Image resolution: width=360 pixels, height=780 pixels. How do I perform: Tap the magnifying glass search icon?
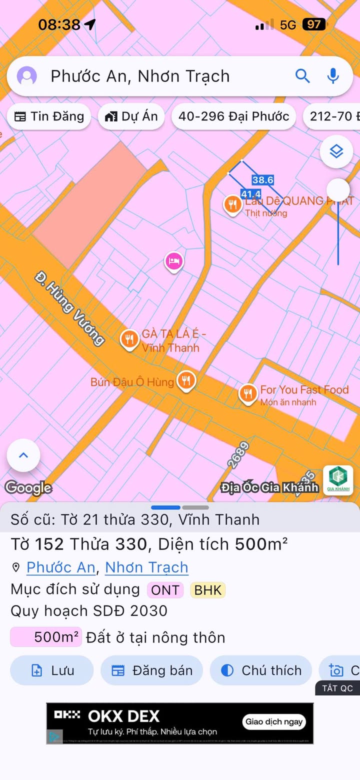point(302,76)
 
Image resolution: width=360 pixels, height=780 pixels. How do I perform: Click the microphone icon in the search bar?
point(333,76)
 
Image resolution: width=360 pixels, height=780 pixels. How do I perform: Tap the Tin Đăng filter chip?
point(49,116)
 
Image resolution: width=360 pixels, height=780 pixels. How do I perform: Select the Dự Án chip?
point(131,116)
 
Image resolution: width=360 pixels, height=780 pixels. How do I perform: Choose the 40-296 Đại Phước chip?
point(233,116)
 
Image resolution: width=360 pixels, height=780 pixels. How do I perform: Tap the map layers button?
point(336,151)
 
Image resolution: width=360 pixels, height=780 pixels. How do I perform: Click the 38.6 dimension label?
point(262,180)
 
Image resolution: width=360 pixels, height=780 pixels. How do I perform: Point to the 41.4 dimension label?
point(250,194)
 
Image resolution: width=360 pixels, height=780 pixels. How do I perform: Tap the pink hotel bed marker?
point(173,261)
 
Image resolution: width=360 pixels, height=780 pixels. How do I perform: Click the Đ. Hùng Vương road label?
point(70,308)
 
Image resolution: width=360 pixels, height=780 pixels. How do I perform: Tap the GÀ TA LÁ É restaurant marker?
point(129,339)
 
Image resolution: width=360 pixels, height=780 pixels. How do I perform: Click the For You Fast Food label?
point(304,389)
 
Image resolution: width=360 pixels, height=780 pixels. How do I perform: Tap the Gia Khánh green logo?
point(338,480)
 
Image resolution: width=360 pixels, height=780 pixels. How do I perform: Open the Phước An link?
point(60,567)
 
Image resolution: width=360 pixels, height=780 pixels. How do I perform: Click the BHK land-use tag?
point(207,590)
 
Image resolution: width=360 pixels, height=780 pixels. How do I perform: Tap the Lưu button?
point(52,670)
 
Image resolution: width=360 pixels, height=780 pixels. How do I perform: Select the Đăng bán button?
point(152,670)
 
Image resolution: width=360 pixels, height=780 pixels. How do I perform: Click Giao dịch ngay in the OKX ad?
point(274,721)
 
